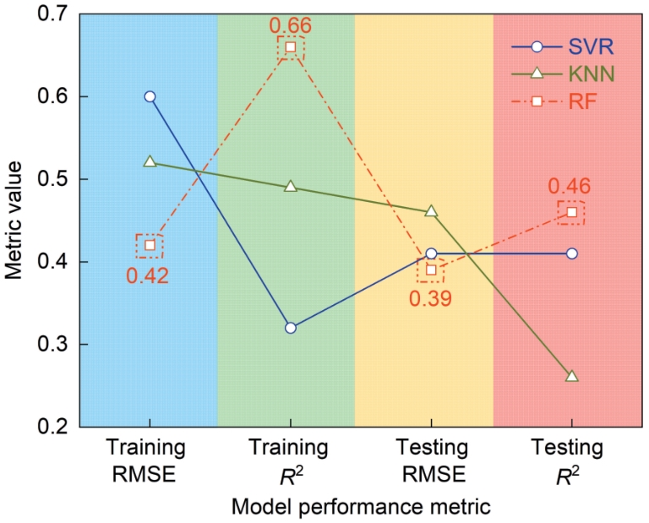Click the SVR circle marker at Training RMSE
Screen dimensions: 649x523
pyautogui.click(x=150, y=96)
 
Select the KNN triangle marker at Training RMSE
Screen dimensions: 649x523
pyautogui.click(x=150, y=161)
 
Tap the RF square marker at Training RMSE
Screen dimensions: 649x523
pyautogui.click(x=150, y=245)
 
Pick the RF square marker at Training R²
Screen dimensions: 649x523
pyautogui.click(x=291, y=47)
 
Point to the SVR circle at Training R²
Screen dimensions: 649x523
pyautogui.click(x=291, y=328)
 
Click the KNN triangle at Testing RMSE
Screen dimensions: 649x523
pyautogui.click(x=431, y=211)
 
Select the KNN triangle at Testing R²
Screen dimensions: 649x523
pyautogui.click(x=571, y=376)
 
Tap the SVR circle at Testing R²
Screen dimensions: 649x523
pyautogui.click(x=571, y=253)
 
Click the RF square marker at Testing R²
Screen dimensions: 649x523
pyautogui.click(x=571, y=212)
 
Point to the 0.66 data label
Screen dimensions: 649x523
pyautogui.click(x=291, y=25)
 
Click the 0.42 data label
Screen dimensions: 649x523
pyautogui.click(x=148, y=276)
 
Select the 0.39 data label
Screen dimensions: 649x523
pyautogui.click(x=430, y=298)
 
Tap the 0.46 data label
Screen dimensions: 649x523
pyautogui.click(x=570, y=186)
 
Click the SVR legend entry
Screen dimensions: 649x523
pyautogui.click(x=563, y=47)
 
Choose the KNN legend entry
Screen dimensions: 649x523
pyautogui.click(x=564, y=74)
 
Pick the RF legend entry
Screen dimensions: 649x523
pyautogui.click(x=554, y=101)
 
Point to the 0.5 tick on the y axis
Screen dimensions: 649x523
pyautogui.click(x=52, y=179)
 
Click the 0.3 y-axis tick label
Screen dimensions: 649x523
pyautogui.click(x=52, y=344)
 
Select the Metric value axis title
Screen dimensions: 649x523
pyautogui.click(x=14, y=221)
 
